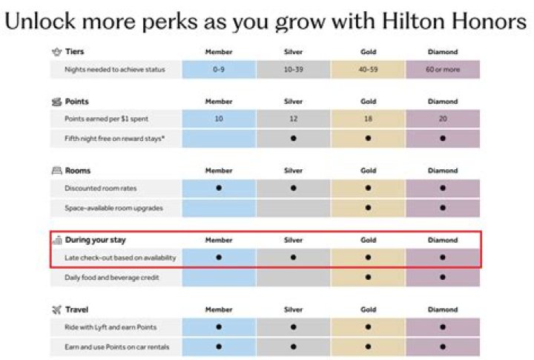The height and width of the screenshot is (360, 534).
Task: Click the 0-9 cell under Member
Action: pos(219,70)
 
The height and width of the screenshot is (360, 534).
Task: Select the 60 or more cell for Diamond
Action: pos(443,70)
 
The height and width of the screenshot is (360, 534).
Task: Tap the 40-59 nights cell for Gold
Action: pos(368,70)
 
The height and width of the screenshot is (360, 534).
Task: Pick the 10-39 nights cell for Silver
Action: pos(293,70)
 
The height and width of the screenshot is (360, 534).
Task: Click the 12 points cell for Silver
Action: pos(293,119)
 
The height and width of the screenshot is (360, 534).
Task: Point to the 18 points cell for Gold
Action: pos(368,119)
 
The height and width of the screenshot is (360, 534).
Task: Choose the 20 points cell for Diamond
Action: pos(443,119)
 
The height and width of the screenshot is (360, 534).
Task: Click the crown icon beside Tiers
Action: pos(56,52)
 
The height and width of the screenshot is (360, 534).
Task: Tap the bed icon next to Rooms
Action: pos(56,171)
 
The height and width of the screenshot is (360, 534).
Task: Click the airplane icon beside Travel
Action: pos(56,310)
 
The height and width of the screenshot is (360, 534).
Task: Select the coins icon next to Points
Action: pos(56,102)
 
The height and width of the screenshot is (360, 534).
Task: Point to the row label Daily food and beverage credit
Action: pos(112,278)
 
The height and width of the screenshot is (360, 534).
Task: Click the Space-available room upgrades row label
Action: pos(113,208)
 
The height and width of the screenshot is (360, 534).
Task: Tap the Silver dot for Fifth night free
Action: pos(293,138)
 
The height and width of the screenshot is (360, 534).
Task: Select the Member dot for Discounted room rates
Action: pos(219,188)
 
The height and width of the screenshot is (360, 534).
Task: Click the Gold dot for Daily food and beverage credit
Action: pos(368,277)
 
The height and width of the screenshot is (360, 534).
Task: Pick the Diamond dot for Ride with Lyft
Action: pos(443,327)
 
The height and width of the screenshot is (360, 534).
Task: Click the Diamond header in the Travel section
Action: pos(443,310)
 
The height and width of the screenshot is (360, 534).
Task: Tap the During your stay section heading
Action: pos(96,240)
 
